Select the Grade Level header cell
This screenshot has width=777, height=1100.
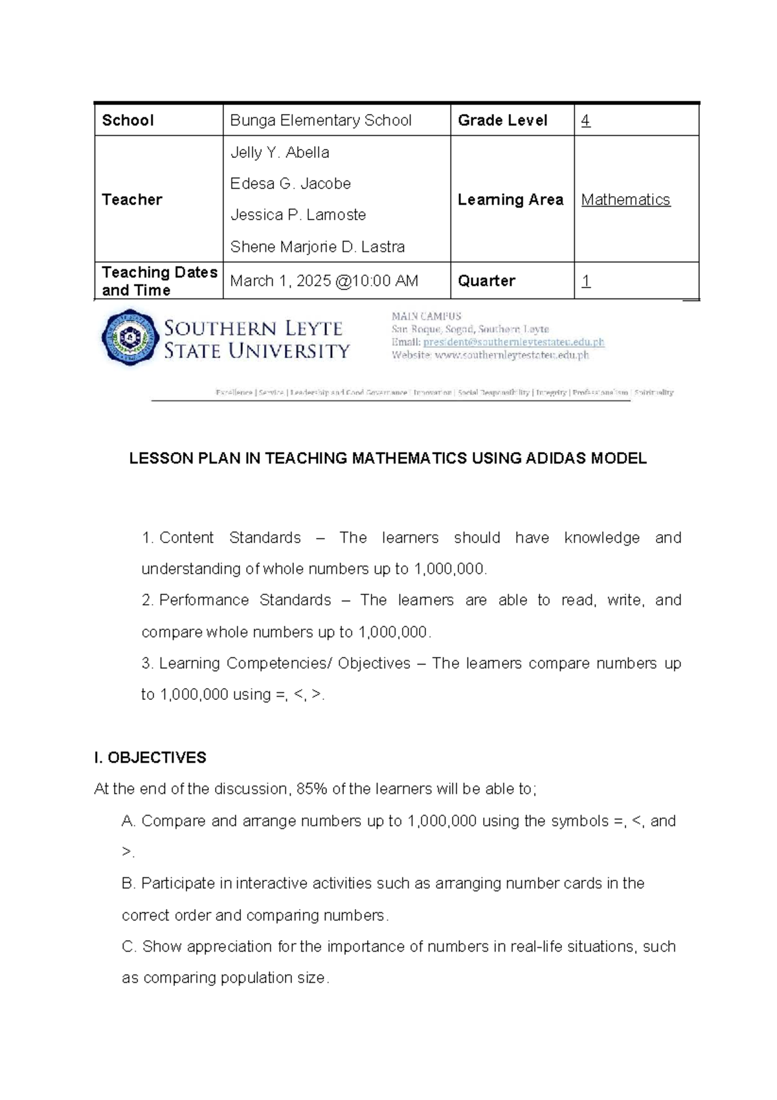502,120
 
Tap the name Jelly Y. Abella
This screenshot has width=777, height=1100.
280,153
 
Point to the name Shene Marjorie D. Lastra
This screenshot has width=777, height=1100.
317,247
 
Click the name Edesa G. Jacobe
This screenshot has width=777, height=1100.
290,184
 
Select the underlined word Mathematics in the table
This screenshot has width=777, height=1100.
625,200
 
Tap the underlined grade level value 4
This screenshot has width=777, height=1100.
585,120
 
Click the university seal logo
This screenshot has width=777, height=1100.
130,337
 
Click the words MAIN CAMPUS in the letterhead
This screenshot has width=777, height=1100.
426,317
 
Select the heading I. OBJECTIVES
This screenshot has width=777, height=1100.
150,758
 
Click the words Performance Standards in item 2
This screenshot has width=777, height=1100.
245,600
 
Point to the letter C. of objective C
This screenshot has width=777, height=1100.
129,947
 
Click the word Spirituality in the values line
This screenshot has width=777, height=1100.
654,392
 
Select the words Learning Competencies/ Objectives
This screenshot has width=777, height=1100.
284,664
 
